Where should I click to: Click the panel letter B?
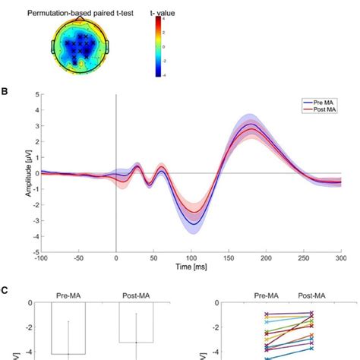tap(5, 89)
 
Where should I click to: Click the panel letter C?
tap(5, 289)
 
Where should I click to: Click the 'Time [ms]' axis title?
tap(190, 268)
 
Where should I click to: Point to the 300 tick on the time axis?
tap(340, 258)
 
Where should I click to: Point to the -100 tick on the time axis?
tap(42, 258)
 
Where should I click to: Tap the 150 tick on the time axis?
tap(228, 258)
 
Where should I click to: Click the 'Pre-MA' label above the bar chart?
tap(68, 292)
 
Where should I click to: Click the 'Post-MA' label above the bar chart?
tap(136, 292)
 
